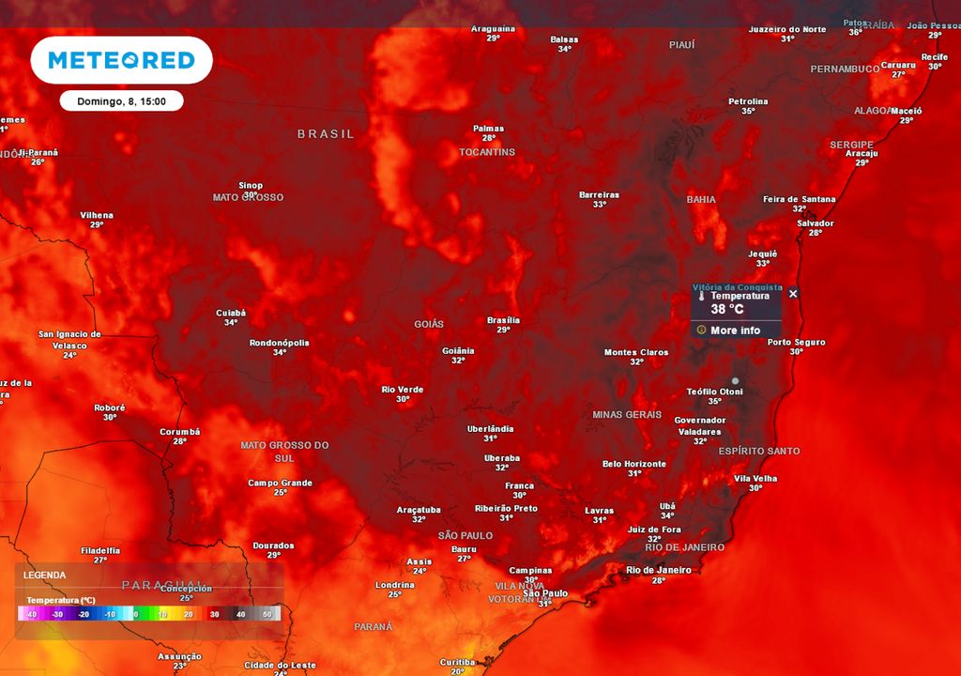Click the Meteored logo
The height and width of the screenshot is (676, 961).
pyautogui.click(x=121, y=60)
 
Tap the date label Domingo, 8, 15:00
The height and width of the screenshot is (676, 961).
pyautogui.click(x=121, y=101)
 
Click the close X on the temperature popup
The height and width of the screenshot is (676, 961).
pyautogui.click(x=793, y=294)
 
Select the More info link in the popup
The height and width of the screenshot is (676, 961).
pyautogui.click(x=736, y=330)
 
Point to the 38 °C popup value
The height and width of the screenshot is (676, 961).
pyautogui.click(x=727, y=309)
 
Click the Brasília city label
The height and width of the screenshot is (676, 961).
pyautogui.click(x=503, y=320)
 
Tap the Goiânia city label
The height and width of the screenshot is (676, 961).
pyautogui.click(x=458, y=350)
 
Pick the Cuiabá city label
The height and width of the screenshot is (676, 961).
pyautogui.click(x=231, y=313)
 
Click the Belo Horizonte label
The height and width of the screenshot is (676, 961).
pyautogui.click(x=634, y=464)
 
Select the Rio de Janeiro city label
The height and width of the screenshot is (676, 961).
pyautogui.click(x=659, y=570)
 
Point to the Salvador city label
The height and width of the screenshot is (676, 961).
pyautogui.click(x=816, y=223)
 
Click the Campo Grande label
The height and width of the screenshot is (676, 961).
pyautogui.click(x=281, y=483)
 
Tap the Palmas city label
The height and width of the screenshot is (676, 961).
pyautogui.click(x=489, y=129)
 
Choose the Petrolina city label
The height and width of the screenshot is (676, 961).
pyautogui.click(x=748, y=101)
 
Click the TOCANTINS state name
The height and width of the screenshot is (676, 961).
pyautogui.click(x=487, y=152)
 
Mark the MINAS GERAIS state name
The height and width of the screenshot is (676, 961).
pyautogui.click(x=627, y=414)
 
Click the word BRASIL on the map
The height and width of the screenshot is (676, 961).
pyautogui.click(x=327, y=134)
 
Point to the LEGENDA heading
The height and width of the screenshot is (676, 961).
pyautogui.click(x=45, y=575)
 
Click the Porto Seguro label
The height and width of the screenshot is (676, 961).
pyautogui.click(x=796, y=342)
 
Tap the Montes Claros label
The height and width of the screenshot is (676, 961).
pyautogui.click(x=636, y=353)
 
